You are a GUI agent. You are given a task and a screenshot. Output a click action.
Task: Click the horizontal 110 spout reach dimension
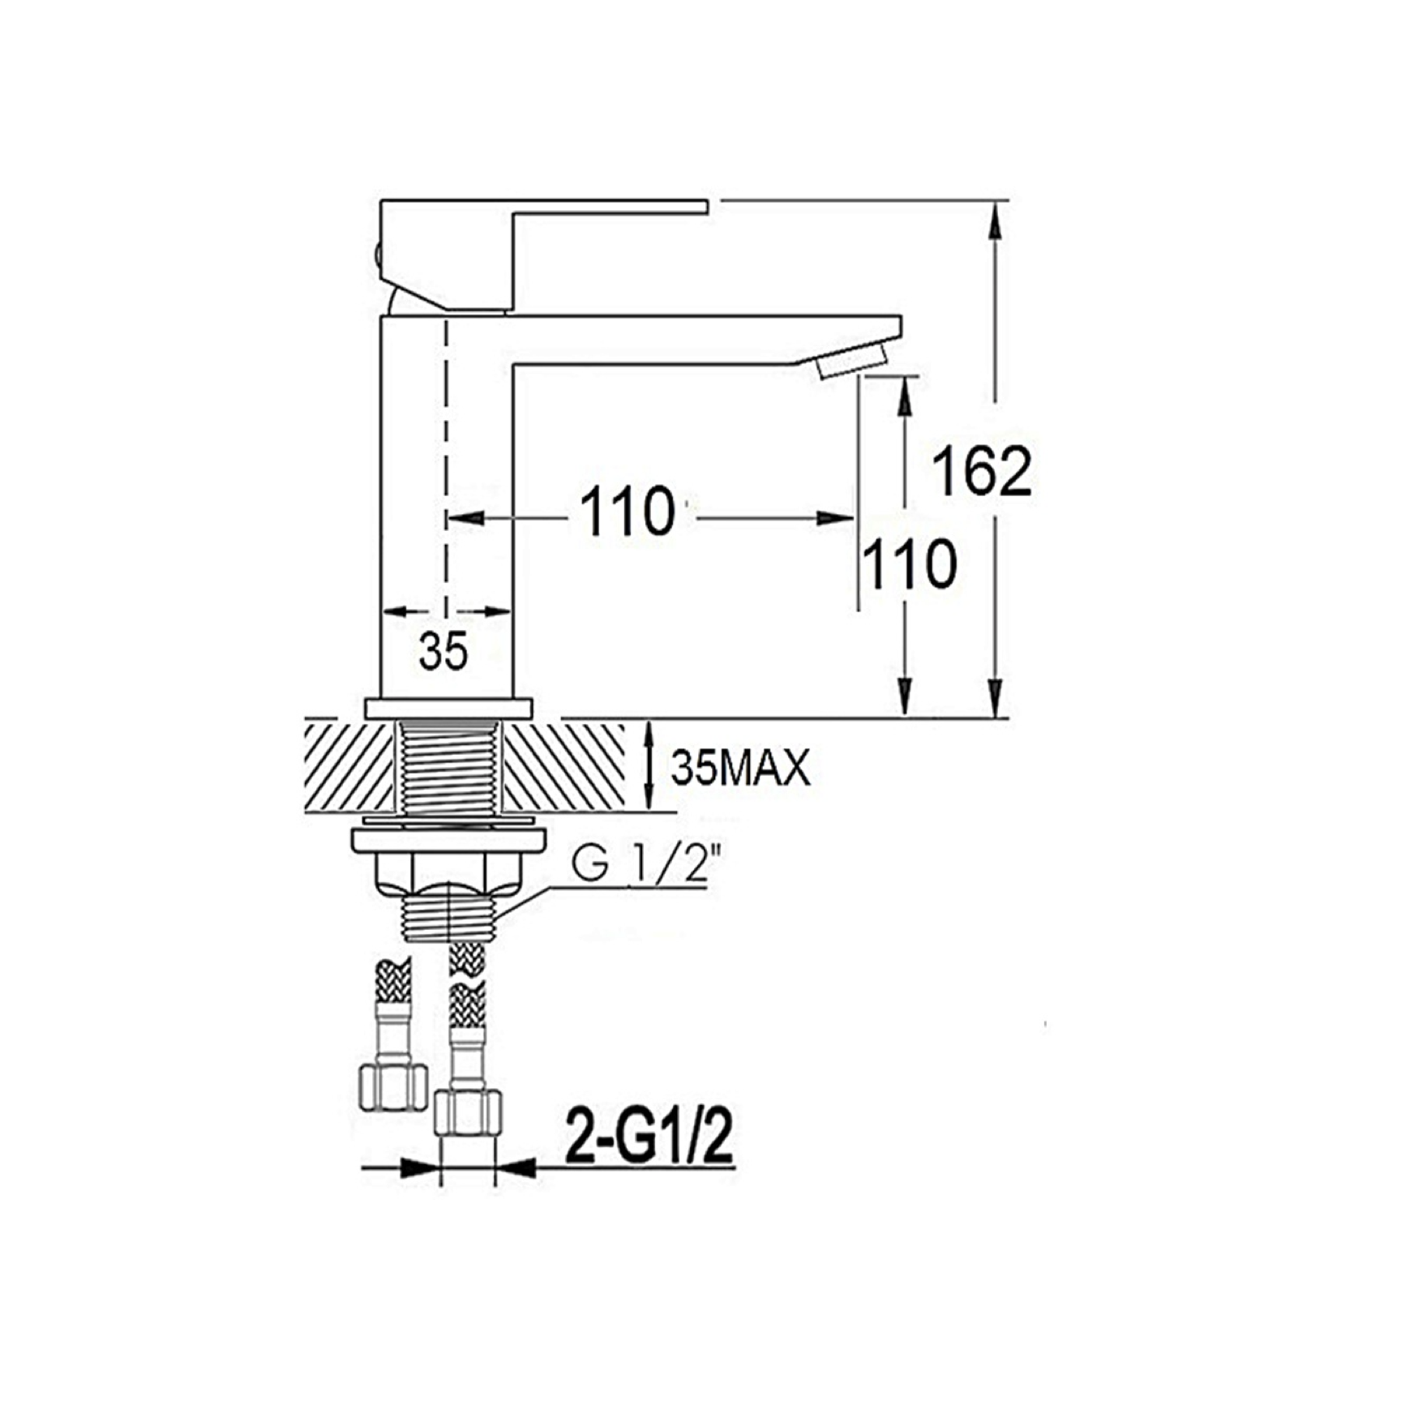tap(627, 511)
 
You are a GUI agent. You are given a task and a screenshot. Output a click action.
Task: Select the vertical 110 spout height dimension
tap(909, 563)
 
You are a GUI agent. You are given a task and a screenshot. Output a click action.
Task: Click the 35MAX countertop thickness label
tap(740, 768)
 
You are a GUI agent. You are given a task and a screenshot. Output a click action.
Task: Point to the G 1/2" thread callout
tap(645, 866)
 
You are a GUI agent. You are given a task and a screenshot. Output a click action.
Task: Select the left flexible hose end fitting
tap(392, 1086)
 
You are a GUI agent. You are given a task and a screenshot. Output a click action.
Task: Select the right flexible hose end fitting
tap(468, 1112)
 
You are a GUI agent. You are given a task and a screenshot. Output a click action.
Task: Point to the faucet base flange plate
tap(448, 709)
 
